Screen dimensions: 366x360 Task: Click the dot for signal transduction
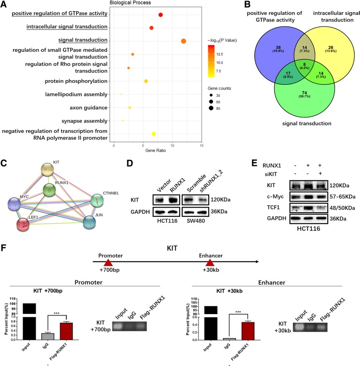[184, 41]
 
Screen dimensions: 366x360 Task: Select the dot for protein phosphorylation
[146, 82]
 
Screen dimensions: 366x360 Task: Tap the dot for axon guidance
[130, 108]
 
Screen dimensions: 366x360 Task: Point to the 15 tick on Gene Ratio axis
[201, 146]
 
